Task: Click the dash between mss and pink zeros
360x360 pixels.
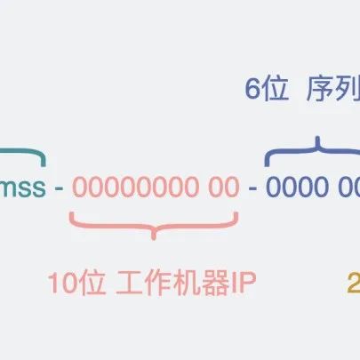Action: pos(59,188)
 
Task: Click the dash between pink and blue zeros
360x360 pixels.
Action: pos(253,188)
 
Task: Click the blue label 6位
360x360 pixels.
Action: pos(267,90)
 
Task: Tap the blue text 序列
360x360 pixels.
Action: pos(332,90)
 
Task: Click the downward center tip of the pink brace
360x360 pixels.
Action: pos(156,237)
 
